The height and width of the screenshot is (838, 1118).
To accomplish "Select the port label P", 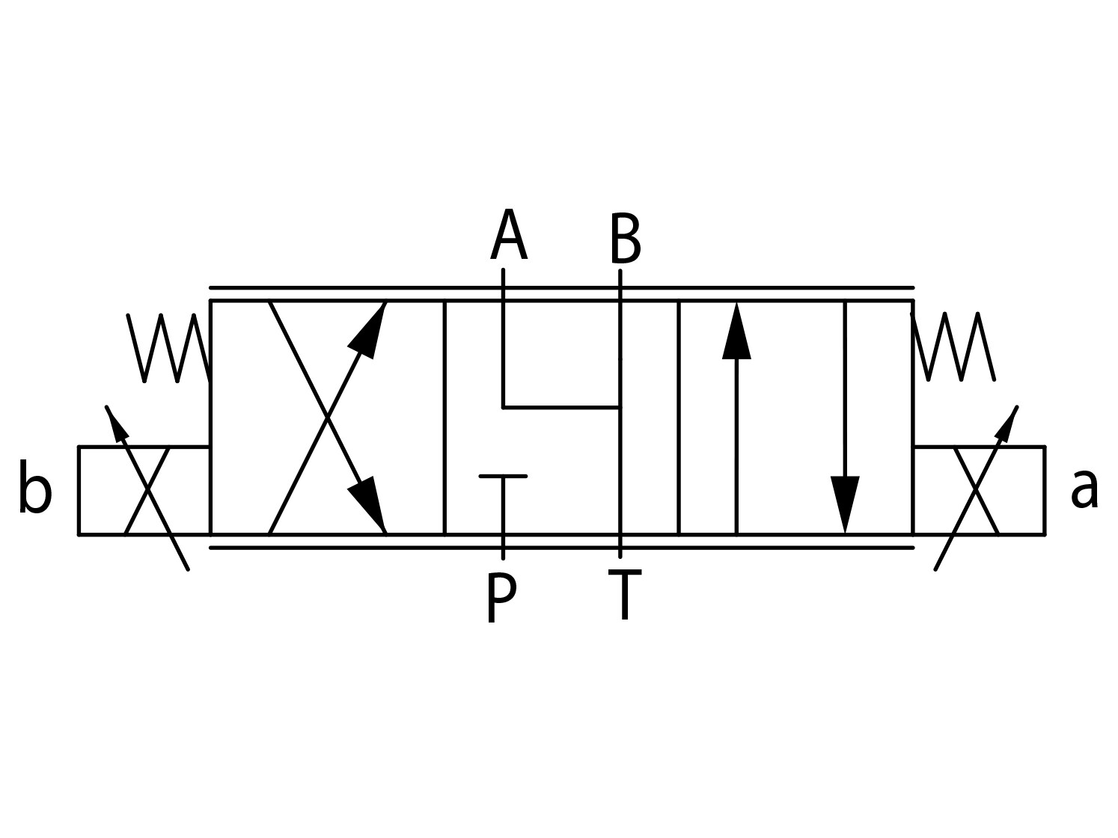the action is [501, 596].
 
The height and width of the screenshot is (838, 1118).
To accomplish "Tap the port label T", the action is [625, 595].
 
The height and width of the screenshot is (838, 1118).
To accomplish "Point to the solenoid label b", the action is [35, 486].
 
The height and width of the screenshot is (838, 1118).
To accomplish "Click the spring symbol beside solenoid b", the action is [168, 348].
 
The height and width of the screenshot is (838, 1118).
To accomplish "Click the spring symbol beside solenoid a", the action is [953, 346].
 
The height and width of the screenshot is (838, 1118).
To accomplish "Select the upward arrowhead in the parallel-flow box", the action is [736, 331].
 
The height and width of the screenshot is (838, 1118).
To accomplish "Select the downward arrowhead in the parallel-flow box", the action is [845, 505].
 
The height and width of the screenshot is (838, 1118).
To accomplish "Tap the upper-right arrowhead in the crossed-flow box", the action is [367, 331].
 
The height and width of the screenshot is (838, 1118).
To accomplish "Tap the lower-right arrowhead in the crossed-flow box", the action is [367, 505].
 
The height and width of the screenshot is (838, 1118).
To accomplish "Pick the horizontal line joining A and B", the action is [561, 407].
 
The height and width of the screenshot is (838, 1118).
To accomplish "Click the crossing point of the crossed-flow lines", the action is [328, 418].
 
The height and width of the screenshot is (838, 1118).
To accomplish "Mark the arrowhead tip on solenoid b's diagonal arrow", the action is [106, 406].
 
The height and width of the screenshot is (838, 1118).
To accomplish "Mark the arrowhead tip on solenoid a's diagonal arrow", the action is [1017, 406].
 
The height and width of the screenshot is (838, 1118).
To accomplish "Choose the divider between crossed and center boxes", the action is [445, 418].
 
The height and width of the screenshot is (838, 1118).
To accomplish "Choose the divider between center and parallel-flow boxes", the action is [679, 418].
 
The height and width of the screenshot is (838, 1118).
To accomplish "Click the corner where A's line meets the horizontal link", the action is [503, 407].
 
